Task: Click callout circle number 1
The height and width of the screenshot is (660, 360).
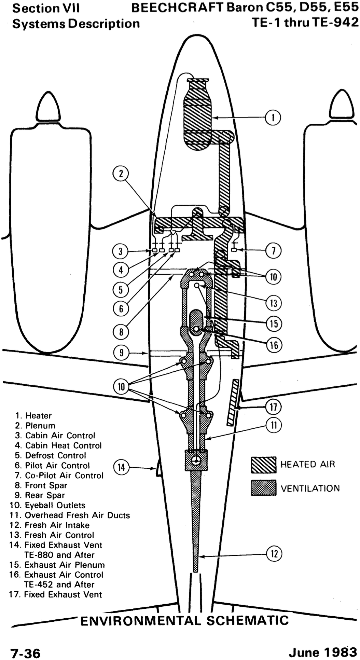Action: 273,118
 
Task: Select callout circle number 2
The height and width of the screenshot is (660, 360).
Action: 121,174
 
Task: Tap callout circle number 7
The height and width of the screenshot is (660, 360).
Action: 273,251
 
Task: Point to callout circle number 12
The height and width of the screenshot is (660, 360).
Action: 274,553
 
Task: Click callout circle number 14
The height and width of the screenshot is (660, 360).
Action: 121,467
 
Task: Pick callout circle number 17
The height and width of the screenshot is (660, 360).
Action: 273,407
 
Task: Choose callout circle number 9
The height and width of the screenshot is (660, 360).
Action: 121,352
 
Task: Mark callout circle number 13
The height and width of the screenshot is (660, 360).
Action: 274,303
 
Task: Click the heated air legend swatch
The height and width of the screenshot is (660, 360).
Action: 263,465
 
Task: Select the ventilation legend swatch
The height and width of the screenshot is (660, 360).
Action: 263,487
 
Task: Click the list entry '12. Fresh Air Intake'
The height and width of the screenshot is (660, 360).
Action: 50,525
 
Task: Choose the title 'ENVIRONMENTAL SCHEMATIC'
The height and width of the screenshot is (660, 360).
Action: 184,620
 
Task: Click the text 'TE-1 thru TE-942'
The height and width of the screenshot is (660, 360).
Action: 305,22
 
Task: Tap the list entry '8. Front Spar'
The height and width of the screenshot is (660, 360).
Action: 41,485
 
